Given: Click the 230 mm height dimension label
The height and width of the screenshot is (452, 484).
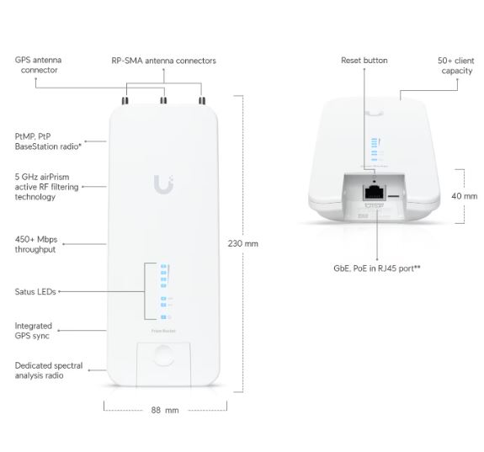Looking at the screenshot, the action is [x=243, y=243].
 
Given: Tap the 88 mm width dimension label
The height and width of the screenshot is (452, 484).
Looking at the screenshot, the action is [x=165, y=410].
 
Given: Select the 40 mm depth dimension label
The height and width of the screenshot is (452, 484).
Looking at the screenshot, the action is [x=465, y=196].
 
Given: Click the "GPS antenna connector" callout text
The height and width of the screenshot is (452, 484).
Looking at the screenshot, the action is [x=38, y=65].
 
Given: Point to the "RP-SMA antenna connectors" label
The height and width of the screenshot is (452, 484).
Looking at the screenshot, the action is [x=163, y=61].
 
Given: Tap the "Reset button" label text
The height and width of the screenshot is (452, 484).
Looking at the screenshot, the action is [x=364, y=61].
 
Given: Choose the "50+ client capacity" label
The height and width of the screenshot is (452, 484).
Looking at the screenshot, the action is [x=456, y=66].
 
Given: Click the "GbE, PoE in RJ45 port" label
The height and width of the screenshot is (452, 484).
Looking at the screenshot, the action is [x=377, y=269].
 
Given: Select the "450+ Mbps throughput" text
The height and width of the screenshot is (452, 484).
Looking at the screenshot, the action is [x=36, y=244].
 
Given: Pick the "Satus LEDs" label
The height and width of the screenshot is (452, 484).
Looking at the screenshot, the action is [x=35, y=292].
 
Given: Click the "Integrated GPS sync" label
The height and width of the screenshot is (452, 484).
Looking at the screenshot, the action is [x=34, y=331].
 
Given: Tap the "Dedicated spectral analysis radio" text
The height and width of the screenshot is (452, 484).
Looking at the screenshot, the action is [x=49, y=370].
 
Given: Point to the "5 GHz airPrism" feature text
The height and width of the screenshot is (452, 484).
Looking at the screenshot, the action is [x=42, y=177].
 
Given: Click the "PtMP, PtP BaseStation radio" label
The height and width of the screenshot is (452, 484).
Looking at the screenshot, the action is [x=48, y=141].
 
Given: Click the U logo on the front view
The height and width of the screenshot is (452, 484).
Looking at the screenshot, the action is [x=163, y=184].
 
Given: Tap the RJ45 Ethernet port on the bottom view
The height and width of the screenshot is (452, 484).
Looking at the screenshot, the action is [x=375, y=193].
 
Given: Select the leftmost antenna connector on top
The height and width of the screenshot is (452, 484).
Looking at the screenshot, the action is [x=125, y=101].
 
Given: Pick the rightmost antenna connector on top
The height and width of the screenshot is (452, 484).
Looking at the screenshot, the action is [x=202, y=101].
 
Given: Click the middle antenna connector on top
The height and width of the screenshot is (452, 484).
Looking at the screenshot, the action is [x=163, y=101].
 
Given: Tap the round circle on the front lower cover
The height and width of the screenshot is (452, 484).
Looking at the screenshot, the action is [x=163, y=356].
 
